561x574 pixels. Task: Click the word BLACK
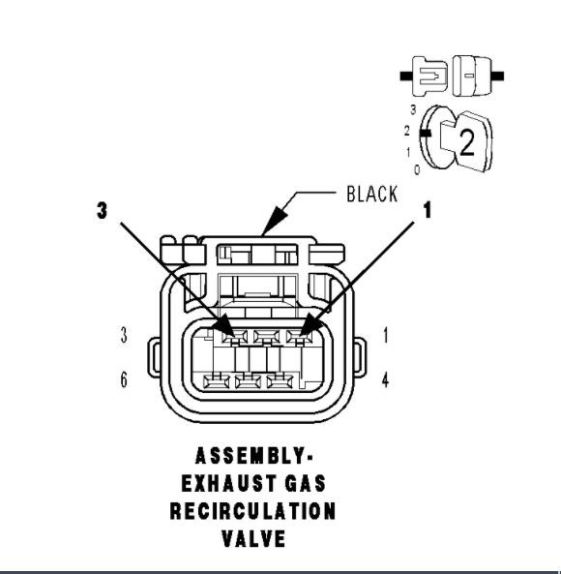tap(371, 195)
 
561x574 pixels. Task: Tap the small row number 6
tap(124, 379)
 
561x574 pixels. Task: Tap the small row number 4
tap(385, 379)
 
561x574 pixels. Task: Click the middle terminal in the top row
tap(265, 337)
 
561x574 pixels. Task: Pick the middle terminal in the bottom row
tap(250, 379)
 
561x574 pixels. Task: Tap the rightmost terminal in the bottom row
tap(282, 379)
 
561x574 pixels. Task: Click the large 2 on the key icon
tap(466, 144)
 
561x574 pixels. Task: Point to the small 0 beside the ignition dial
tap(416, 170)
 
